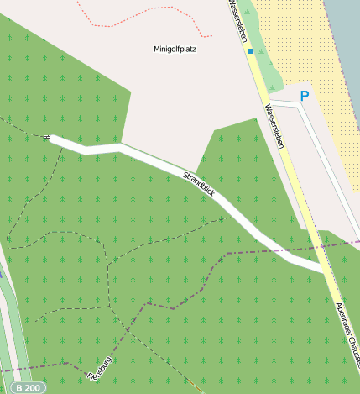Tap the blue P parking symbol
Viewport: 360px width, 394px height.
[304, 96]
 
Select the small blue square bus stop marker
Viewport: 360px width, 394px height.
[250, 52]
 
